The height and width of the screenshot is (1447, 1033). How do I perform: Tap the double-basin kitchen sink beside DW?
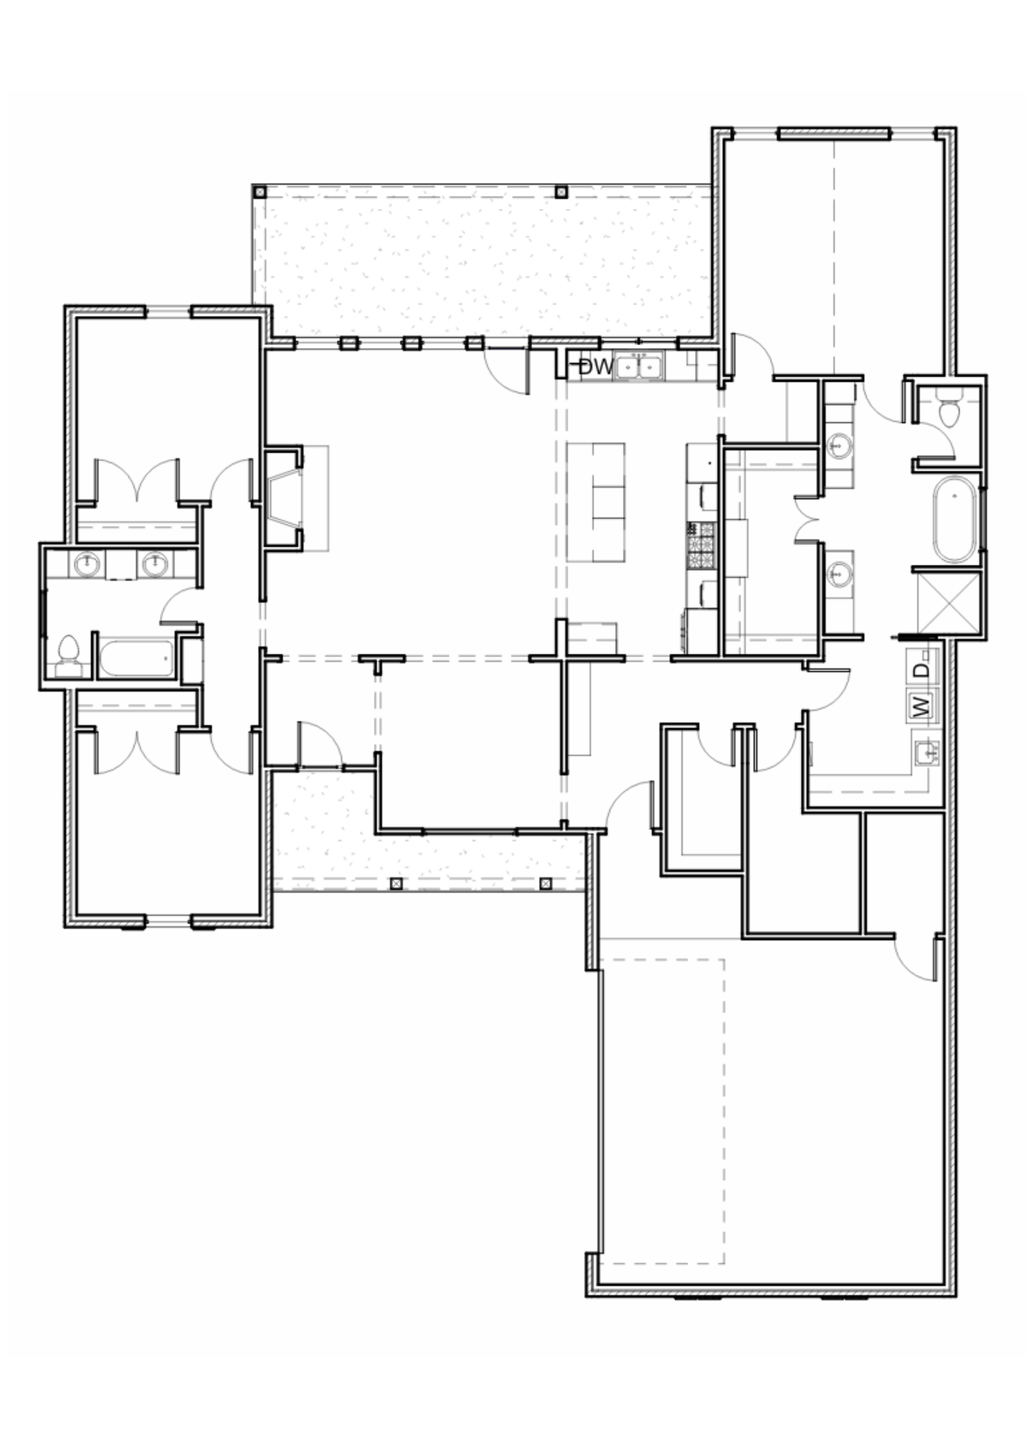(x=639, y=366)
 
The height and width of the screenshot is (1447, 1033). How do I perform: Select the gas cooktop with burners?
(x=700, y=544)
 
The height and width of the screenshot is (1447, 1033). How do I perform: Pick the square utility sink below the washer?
(x=926, y=752)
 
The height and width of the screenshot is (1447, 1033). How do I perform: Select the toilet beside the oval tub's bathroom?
(x=948, y=411)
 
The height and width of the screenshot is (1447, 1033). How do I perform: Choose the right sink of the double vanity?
(x=155, y=564)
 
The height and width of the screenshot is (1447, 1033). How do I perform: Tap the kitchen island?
(x=596, y=502)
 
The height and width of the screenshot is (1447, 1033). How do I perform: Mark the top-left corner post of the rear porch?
(x=260, y=192)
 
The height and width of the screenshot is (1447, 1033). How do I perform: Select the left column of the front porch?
(x=396, y=883)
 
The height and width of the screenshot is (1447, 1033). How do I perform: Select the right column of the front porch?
(x=545, y=883)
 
